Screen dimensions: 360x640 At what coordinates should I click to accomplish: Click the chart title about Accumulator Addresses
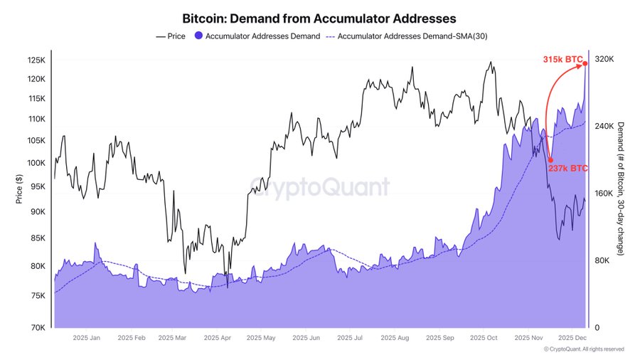[319, 17]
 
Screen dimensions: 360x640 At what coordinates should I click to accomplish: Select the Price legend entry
[171, 36]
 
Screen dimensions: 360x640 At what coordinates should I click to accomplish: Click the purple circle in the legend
[198, 36]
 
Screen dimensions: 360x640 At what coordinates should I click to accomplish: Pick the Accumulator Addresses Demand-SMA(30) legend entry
[406, 36]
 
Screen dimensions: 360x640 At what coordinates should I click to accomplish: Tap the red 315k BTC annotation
[559, 60]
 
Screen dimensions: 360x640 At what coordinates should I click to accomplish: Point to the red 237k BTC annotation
[567, 169]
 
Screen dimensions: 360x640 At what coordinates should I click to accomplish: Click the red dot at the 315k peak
[585, 63]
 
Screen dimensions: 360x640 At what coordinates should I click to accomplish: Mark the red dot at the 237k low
[550, 160]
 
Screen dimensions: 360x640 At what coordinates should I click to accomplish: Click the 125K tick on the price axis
[36, 60]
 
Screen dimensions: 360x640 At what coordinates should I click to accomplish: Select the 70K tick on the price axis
[37, 328]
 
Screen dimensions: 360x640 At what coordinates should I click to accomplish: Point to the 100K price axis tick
[36, 163]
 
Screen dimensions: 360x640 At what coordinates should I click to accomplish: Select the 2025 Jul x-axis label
[350, 339]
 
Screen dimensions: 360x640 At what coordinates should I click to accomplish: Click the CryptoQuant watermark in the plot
[319, 187]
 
